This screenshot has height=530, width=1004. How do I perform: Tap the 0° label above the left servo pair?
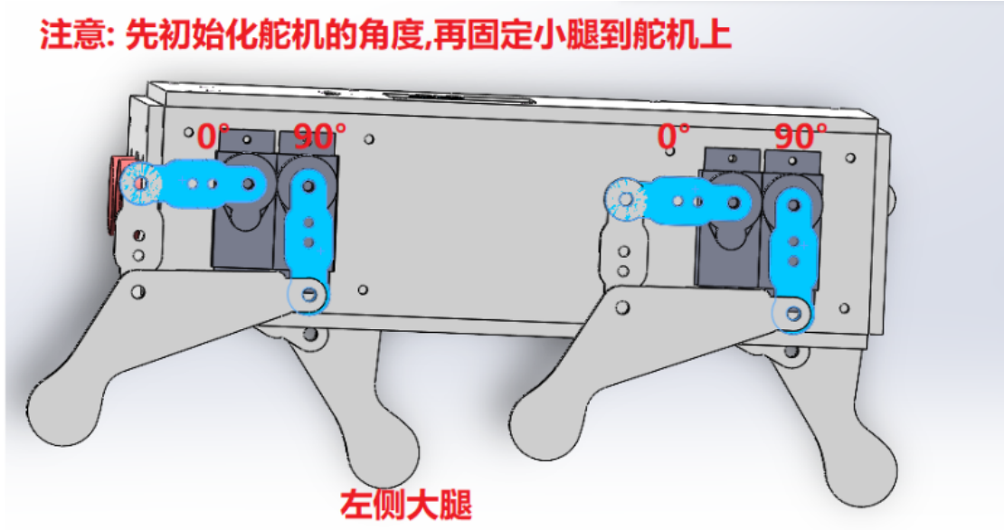coord(213,137)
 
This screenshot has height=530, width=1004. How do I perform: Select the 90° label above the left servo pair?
coord(319,137)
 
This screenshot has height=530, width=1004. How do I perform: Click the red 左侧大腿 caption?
coord(406,505)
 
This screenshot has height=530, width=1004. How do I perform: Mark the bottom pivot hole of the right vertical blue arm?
coord(794,314)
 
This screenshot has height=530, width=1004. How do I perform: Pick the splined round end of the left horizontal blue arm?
coord(141,185)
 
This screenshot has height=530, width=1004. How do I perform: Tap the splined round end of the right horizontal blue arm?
coord(626,201)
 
